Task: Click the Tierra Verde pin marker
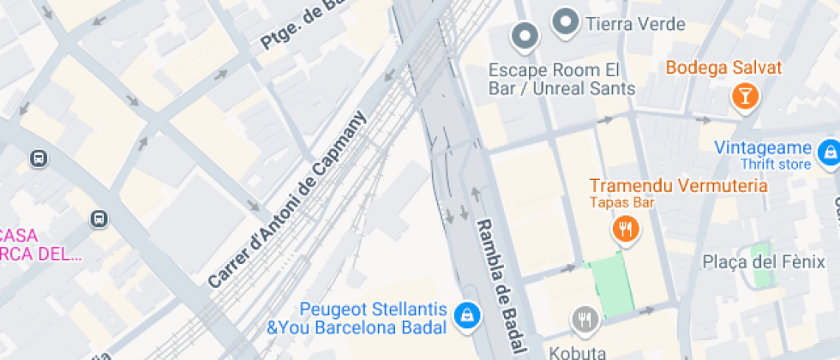(565, 21)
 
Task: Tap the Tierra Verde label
(635, 24)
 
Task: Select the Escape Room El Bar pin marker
(524, 35)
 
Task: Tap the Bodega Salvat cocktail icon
(744, 95)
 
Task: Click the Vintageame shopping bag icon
(828, 153)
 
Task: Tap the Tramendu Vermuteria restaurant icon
(625, 229)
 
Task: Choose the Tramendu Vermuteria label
(678, 186)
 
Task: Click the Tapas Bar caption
(621, 203)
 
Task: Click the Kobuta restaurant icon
(585, 319)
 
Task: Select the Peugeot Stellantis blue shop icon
(466, 315)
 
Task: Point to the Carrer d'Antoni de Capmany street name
(287, 200)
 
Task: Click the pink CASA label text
(19, 234)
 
